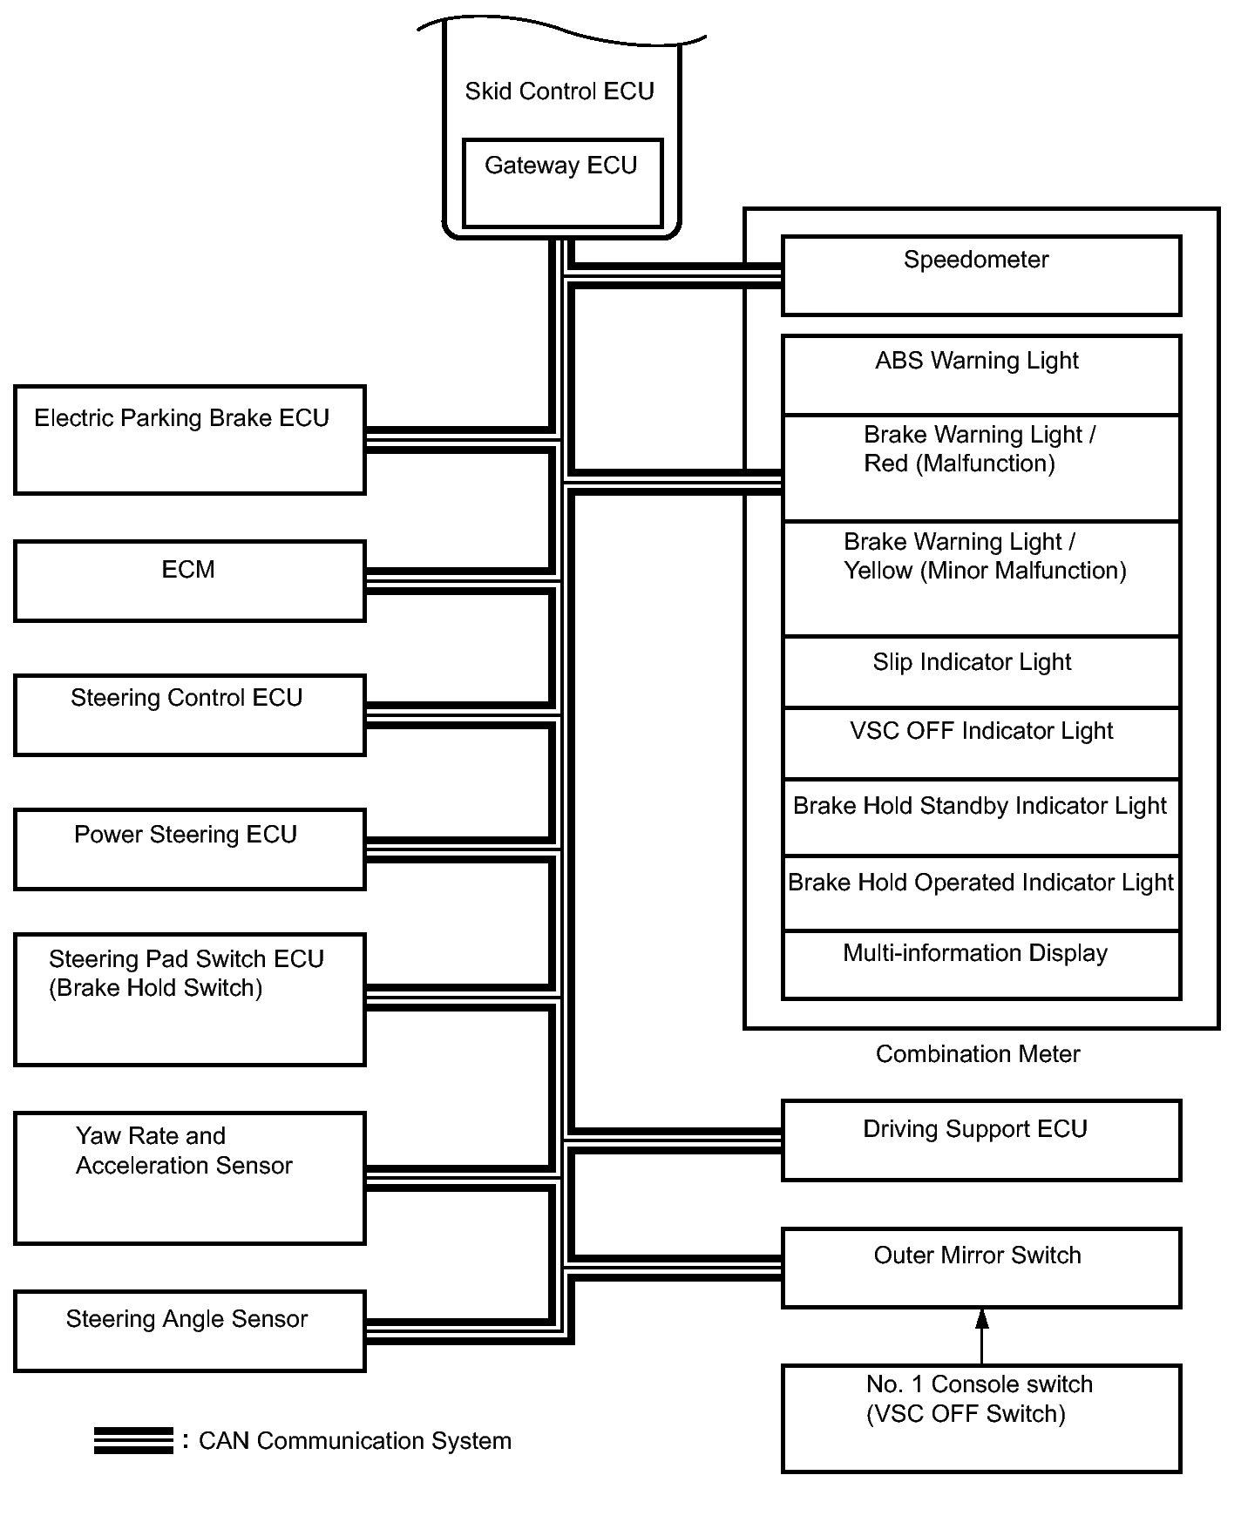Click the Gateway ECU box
pos(562,183)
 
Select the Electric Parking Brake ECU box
pos(190,440)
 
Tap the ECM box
pos(190,581)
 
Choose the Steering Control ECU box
pos(190,714)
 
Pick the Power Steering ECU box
pos(190,849)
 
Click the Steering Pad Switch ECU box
pos(190,999)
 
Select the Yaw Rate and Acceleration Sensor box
pos(190,1178)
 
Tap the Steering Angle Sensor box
pos(190,1330)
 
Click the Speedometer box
pos(981,275)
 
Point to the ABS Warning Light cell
pos(981,375)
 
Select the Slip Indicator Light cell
pos(981,672)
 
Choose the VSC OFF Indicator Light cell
pos(981,742)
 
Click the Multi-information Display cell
pos(981,964)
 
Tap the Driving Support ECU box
pos(981,1140)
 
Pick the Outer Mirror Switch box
pos(981,1268)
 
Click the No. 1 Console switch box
pos(981,1418)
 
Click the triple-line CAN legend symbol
pos(133,1441)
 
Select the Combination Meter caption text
pos(978,1054)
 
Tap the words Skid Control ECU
pos(559,91)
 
